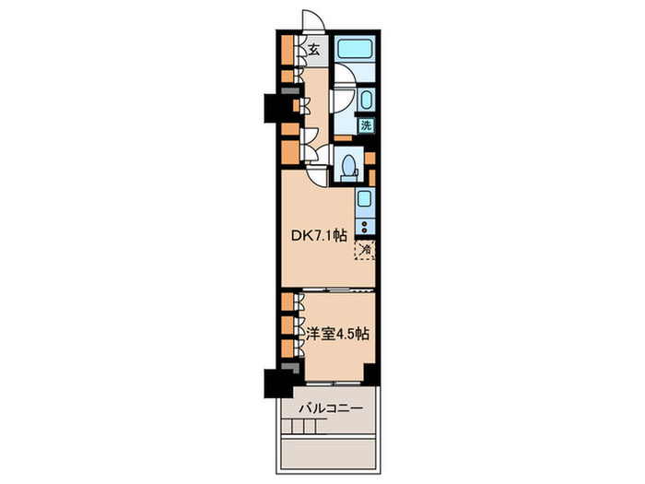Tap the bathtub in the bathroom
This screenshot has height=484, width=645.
[x=354, y=48]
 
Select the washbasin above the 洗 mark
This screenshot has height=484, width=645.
[x=366, y=100]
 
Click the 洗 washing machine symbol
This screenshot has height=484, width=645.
[x=366, y=125]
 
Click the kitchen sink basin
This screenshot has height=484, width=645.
[x=365, y=199]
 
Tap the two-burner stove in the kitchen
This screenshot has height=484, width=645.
[x=365, y=227]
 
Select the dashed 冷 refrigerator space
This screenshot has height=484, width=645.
[x=365, y=250]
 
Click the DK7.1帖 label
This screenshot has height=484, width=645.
[x=319, y=236]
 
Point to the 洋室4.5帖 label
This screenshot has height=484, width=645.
[x=337, y=334]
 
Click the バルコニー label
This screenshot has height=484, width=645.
[x=331, y=408]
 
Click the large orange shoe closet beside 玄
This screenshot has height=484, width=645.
[x=287, y=50]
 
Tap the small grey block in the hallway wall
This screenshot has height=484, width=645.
[x=290, y=91]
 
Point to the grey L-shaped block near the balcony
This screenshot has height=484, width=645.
[x=291, y=367]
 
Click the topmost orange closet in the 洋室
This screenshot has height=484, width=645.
[x=287, y=301]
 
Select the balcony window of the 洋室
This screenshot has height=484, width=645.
[x=334, y=384]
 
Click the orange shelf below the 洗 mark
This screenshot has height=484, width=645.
[x=343, y=138]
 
